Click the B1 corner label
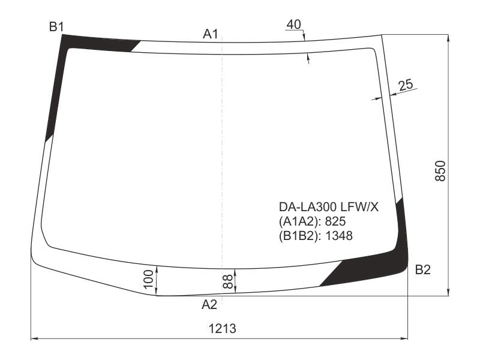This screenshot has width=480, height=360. click(x=56, y=27)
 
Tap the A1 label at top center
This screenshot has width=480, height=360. click(x=211, y=34)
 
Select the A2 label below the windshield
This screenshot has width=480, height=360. click(x=209, y=305)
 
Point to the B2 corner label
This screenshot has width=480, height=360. click(x=423, y=269)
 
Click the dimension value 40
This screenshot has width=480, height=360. click(x=294, y=25)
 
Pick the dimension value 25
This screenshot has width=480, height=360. click(x=406, y=85)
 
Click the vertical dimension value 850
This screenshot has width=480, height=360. click(x=440, y=170)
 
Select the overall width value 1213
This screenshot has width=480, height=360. click(x=223, y=329)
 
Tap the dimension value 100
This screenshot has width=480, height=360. click(x=148, y=279)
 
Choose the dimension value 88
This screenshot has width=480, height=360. click(x=228, y=281)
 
